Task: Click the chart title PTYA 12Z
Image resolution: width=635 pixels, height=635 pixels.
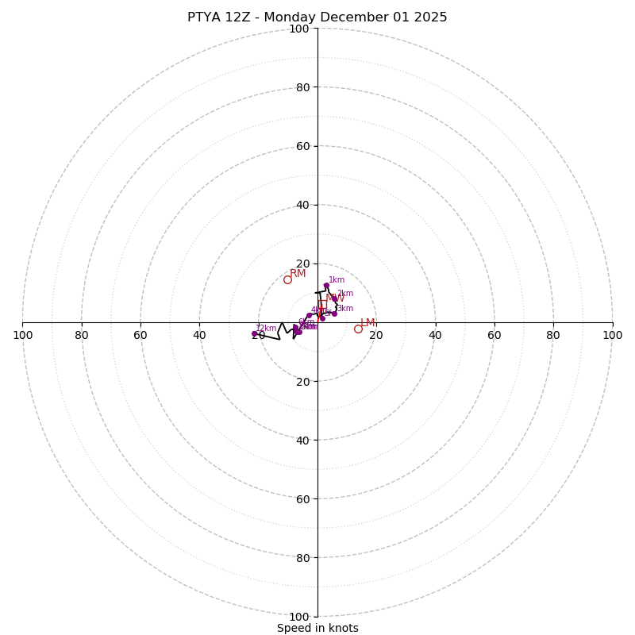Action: pyautogui.click(x=317, y=17)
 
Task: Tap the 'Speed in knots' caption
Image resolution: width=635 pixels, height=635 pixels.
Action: pyautogui.click(x=317, y=628)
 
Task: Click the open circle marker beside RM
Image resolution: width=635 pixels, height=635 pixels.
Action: pyautogui.click(x=287, y=279)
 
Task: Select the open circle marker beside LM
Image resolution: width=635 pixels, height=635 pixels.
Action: pyautogui.click(x=358, y=329)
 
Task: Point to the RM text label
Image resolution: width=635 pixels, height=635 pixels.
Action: pyautogui.click(x=298, y=274)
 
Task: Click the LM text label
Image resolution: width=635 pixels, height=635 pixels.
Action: pyautogui.click(x=368, y=323)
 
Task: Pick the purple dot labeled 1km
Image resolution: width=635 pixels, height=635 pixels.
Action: pyautogui.click(x=326, y=286)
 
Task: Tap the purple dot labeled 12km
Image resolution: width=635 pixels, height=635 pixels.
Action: pyautogui.click(x=255, y=333)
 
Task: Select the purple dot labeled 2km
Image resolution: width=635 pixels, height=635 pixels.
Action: pyautogui.click(x=334, y=299)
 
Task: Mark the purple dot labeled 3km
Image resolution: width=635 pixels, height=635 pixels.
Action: pyautogui.click(x=334, y=314)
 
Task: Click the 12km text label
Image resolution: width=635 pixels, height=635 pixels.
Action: pyautogui.click(x=266, y=329)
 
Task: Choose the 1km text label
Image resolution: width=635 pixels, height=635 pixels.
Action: pyautogui.click(x=337, y=280)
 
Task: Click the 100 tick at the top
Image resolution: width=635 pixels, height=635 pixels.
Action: pyautogui.click(x=299, y=29)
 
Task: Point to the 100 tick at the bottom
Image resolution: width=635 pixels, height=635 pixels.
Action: pyautogui.click(x=299, y=617)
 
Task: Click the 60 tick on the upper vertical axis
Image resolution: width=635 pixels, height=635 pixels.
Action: pyautogui.click(x=302, y=146)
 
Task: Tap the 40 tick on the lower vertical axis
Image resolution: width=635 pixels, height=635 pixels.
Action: pyautogui.click(x=302, y=441)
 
